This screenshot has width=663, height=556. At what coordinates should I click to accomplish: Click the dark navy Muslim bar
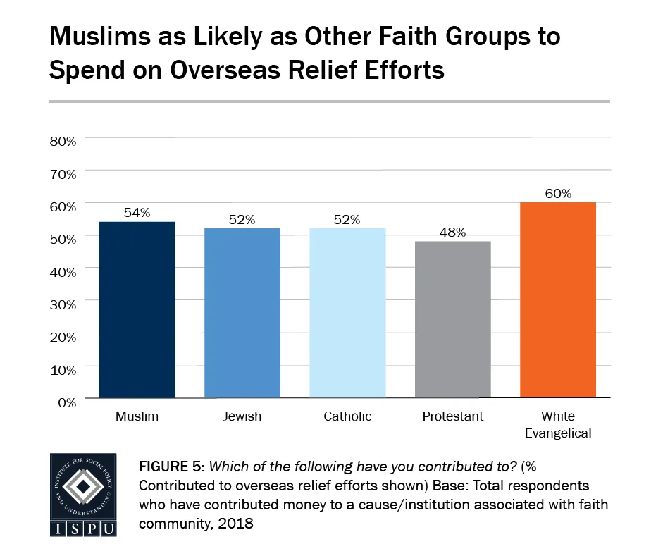(x=137, y=310)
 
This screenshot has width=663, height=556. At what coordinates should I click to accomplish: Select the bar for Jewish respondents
(x=242, y=314)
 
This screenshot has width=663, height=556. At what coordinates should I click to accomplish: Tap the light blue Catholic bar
(x=348, y=314)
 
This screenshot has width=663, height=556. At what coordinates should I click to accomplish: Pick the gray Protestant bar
(x=453, y=320)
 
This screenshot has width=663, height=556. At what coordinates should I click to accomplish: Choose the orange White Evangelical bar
(x=558, y=300)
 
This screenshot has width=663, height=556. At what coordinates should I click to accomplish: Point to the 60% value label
(x=558, y=193)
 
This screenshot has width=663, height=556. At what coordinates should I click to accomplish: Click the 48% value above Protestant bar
(x=453, y=233)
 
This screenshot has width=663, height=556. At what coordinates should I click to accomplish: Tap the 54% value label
(x=137, y=213)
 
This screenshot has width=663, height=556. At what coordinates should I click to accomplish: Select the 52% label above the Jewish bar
(x=242, y=219)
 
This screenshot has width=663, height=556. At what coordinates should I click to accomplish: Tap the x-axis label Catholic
(x=347, y=416)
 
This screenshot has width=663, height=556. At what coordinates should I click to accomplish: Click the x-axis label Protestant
(x=453, y=416)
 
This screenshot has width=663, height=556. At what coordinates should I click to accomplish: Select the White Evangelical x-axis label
(x=558, y=424)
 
